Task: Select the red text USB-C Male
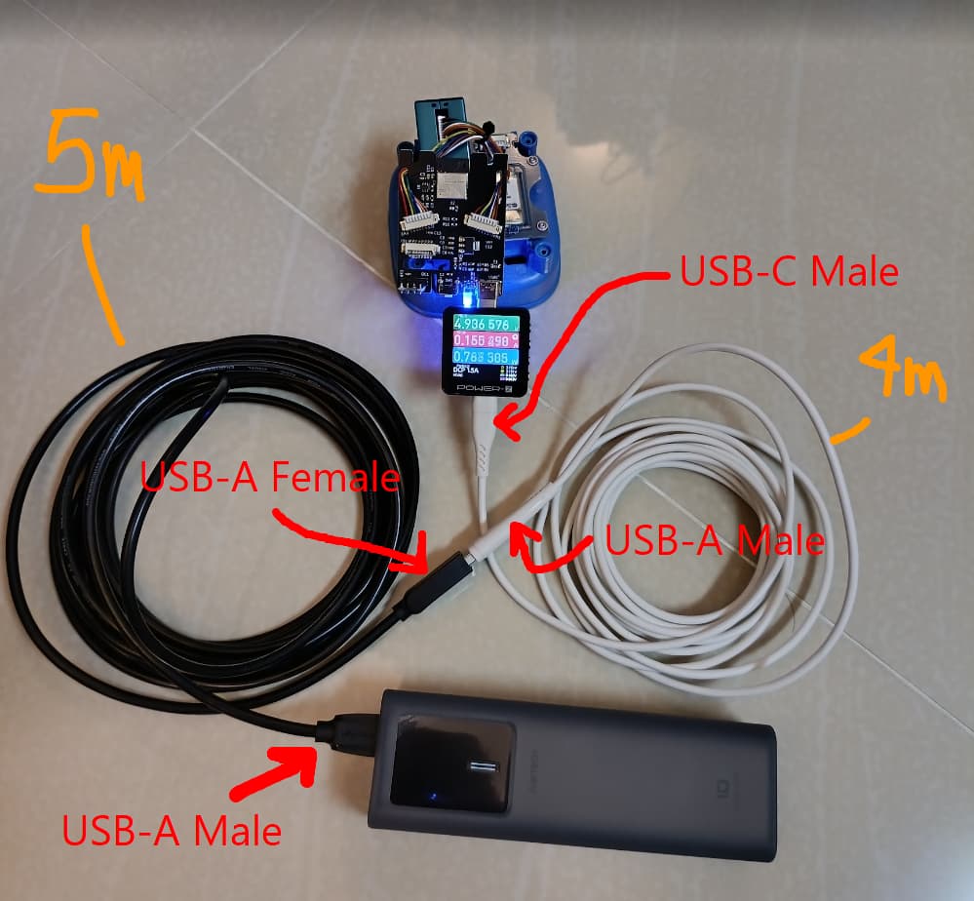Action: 788,272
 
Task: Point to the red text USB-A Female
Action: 270,479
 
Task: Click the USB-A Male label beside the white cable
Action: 715,540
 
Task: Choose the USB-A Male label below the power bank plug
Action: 172,831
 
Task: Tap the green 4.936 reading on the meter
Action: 474,324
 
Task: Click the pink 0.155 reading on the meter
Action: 474,343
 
